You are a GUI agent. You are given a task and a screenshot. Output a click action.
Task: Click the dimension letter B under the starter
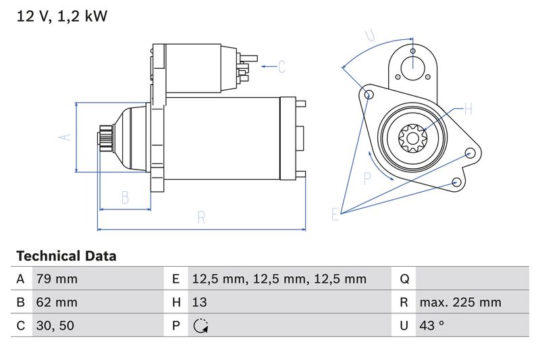125,197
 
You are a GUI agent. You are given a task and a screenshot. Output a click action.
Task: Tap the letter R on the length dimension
201,217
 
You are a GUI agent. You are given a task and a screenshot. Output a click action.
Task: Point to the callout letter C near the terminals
281,66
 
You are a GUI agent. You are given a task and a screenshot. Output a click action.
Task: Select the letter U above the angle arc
369,35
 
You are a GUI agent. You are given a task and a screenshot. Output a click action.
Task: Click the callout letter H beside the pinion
468,109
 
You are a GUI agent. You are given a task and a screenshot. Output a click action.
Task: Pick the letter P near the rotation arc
368,178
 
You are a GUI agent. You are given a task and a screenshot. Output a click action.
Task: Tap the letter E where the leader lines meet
335,215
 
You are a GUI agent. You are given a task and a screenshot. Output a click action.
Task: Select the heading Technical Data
66,257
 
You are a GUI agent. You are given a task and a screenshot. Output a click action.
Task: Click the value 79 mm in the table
56,279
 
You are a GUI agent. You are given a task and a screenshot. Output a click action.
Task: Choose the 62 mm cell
56,302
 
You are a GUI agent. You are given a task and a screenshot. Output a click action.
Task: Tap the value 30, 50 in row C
55,326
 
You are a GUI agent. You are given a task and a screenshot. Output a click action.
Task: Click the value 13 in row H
200,302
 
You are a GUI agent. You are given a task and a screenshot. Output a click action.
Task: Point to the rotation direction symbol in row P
200,326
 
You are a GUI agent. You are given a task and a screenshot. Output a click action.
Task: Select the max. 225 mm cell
460,302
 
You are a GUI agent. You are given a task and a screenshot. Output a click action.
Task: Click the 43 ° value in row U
432,326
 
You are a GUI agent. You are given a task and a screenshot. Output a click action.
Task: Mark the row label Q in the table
404,279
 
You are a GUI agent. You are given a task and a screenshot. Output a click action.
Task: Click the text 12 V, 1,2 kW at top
62,16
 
